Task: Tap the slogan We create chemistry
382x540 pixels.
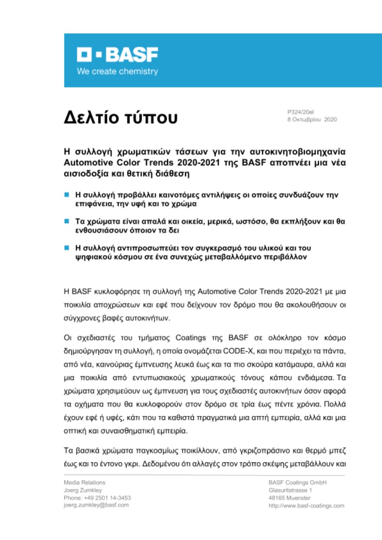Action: coord(117,72)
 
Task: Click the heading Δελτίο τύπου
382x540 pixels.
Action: coord(121,118)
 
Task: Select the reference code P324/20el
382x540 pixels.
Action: coord(300,112)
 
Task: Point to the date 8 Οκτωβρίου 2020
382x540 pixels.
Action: coord(312,120)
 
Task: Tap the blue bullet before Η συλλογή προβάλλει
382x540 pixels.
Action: coord(66,195)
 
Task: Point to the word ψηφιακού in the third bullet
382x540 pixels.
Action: coord(88,256)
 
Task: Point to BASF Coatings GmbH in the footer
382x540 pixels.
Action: coord(297,483)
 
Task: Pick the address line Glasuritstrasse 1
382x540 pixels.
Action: coord(290,490)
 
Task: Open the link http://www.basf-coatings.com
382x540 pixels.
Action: coord(306,505)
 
